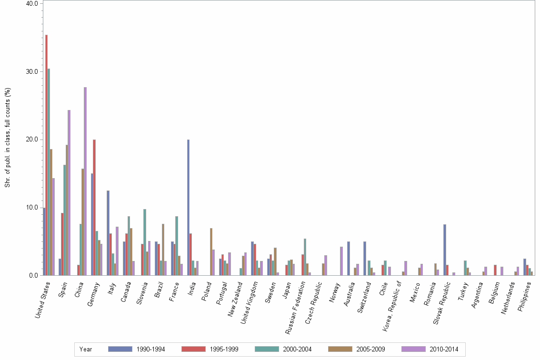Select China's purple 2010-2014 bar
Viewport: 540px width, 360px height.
[x=85, y=181]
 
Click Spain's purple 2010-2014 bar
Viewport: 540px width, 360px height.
[x=69, y=192]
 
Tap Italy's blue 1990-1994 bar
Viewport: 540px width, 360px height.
[x=108, y=233]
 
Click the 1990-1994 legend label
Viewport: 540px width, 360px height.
[x=150, y=350]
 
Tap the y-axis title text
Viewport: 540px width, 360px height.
[x=8, y=138]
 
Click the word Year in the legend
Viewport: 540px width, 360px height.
[x=86, y=350]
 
